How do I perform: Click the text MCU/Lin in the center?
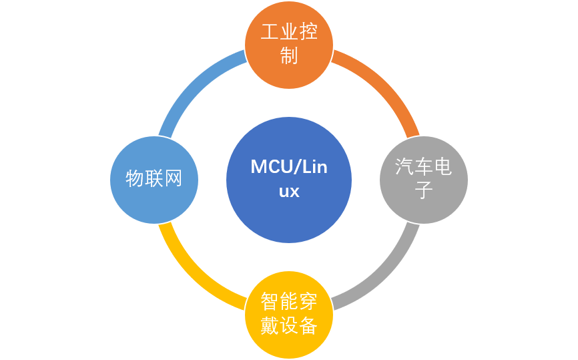[x=289, y=167]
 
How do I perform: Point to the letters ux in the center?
[x=289, y=192]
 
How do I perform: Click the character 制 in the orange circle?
[x=289, y=55]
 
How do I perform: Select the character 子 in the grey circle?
[x=424, y=190]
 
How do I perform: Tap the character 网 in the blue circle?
[x=173, y=179]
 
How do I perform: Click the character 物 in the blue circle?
[x=135, y=179]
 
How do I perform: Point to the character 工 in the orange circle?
[x=270, y=32]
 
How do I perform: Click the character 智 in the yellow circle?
[x=270, y=301]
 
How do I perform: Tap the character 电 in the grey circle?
[x=443, y=167]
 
